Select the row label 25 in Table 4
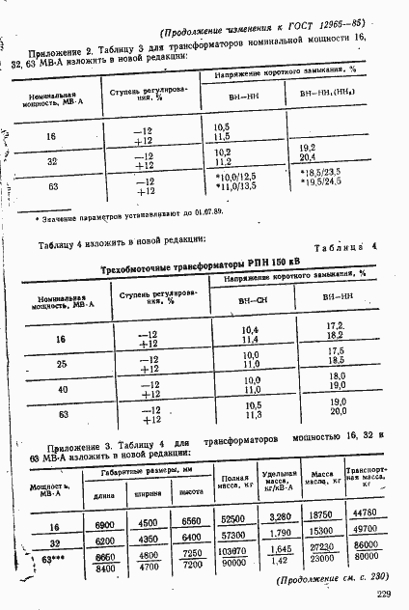click(60, 365)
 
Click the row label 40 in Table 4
click(60, 389)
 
